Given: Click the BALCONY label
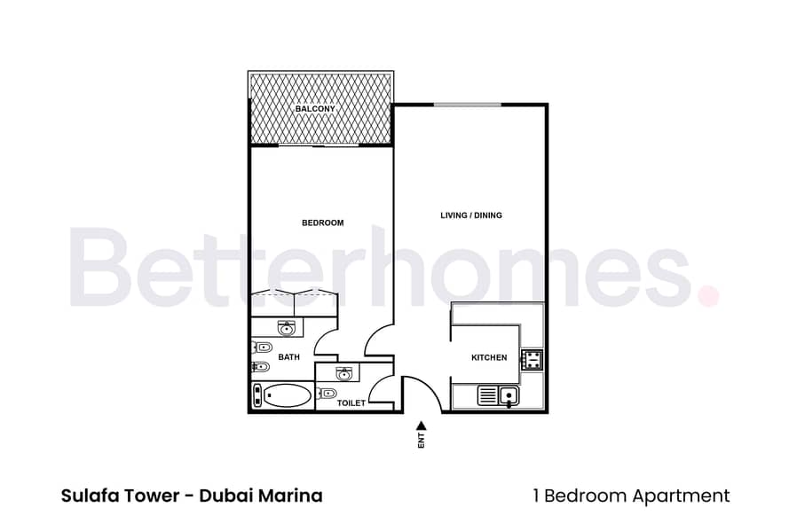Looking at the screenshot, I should point(315,109).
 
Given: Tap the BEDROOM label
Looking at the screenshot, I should point(322,223).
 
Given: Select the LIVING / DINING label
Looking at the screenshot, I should point(471,215).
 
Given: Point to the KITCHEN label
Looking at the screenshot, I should point(488,358).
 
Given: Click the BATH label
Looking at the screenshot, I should point(288,357).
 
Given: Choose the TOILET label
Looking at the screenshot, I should point(351,403).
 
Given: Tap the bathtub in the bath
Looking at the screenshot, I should point(283,395).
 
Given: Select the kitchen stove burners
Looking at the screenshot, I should point(532,359).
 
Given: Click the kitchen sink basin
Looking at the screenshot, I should point(509,395).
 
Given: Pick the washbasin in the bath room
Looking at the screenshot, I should point(286,329).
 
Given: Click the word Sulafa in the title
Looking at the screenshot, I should point(89,496).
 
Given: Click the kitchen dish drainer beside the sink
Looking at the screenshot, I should point(487,395).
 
